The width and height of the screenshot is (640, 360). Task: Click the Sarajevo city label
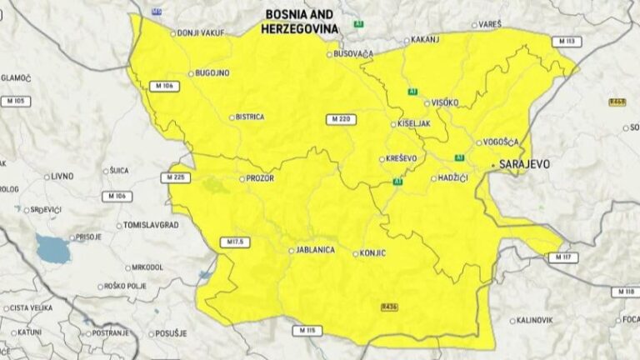(x=524, y=164)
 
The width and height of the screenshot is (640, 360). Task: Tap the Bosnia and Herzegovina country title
(x=299, y=22)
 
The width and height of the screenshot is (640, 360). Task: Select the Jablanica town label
(x=317, y=250)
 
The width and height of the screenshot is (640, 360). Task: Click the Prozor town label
(x=260, y=178)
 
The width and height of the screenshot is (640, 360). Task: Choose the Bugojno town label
(x=212, y=73)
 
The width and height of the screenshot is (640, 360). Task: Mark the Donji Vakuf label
(x=199, y=33)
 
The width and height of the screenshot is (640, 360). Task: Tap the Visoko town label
(x=445, y=102)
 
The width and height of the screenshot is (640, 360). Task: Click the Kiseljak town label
(x=414, y=123)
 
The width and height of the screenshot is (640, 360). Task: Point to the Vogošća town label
(x=501, y=142)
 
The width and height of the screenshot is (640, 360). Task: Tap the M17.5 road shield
(x=236, y=242)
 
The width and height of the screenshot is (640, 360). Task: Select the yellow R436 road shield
(x=389, y=307)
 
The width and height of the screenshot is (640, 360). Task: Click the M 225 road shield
(x=173, y=177)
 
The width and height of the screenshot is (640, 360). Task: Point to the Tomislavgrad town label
(x=152, y=225)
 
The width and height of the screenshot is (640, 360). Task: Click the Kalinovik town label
(x=537, y=319)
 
